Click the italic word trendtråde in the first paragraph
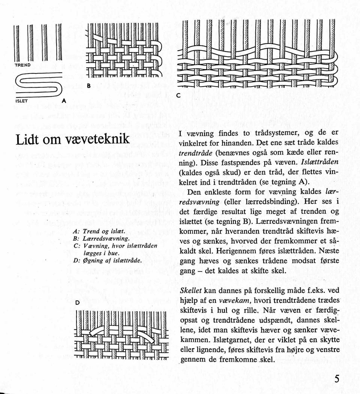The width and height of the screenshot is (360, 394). click(x=196, y=153)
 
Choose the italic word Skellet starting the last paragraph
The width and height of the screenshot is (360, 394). click(x=191, y=291)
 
